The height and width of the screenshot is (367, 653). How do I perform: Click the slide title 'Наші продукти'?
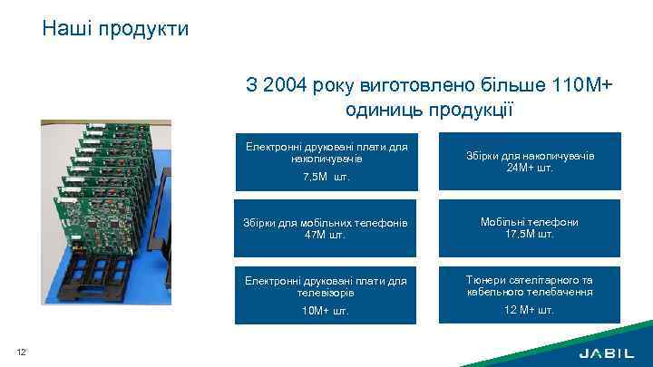coord(115,29)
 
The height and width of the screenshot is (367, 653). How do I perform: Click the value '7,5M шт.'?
coord(325,177)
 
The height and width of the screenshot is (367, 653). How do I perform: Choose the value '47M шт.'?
coord(325,235)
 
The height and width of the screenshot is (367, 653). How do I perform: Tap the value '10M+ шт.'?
coord(325,311)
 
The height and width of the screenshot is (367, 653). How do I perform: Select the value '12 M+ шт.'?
coord(531,310)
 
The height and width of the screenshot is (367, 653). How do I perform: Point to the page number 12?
coord(21,352)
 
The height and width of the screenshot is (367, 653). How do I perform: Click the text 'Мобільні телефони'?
coord(531,222)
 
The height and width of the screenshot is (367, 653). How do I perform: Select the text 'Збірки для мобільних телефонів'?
coord(325,223)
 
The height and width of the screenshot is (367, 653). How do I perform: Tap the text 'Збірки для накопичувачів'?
coord(531,156)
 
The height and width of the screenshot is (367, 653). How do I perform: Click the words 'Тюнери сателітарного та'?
coord(531,280)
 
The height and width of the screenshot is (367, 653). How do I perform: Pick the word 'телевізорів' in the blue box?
coord(325,293)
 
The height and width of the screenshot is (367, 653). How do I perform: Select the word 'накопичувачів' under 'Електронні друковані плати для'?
coord(326,159)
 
